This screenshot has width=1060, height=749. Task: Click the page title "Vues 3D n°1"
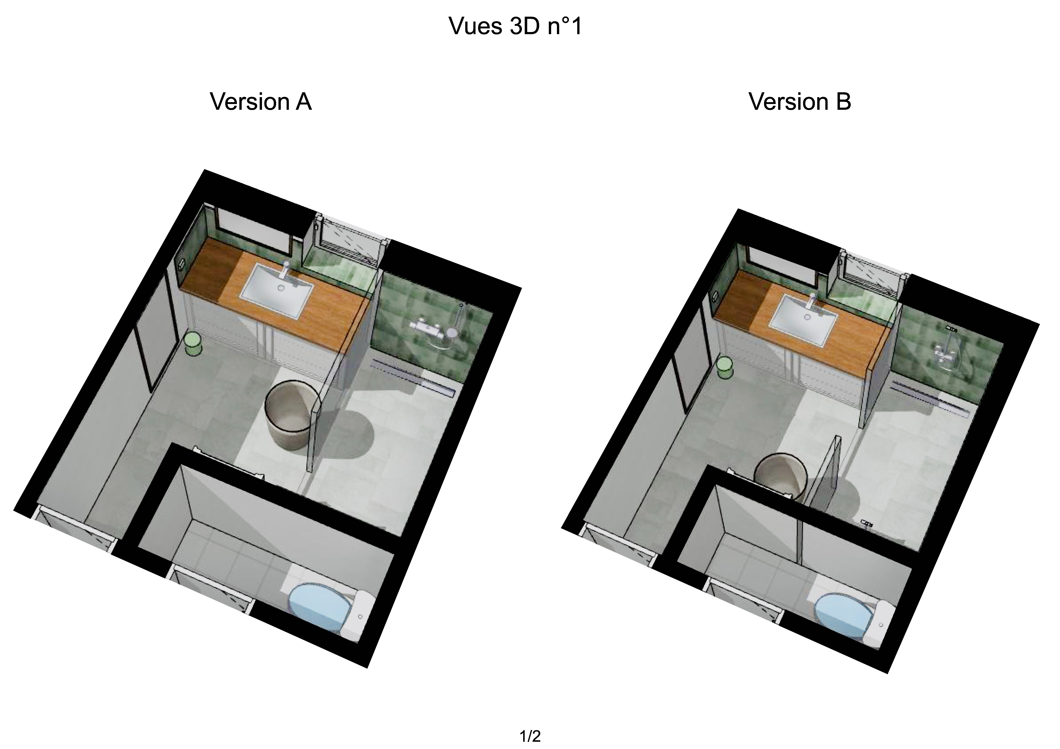tap(516, 26)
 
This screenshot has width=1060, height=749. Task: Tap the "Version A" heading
tap(261, 101)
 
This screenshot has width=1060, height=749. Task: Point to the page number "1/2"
tap(530, 736)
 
